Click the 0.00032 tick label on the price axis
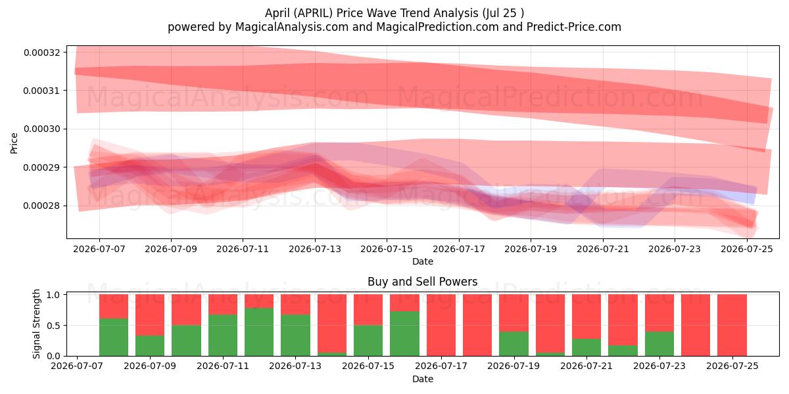[42, 53]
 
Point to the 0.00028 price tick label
[42, 206]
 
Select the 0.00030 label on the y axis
[42, 129]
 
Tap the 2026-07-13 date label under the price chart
[315, 249]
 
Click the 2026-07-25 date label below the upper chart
[747, 249]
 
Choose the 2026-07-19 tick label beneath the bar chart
[514, 366]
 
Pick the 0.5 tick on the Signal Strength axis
[53, 326]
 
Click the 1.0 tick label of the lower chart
[53, 294]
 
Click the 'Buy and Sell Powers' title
[423, 282]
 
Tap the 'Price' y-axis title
[14, 143]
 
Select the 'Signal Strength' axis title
[36, 324]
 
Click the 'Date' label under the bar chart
[423, 379]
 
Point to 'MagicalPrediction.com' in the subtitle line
[437, 27]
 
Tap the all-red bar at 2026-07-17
[441, 325]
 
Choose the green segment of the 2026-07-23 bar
[659, 343]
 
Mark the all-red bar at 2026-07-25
[732, 325]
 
